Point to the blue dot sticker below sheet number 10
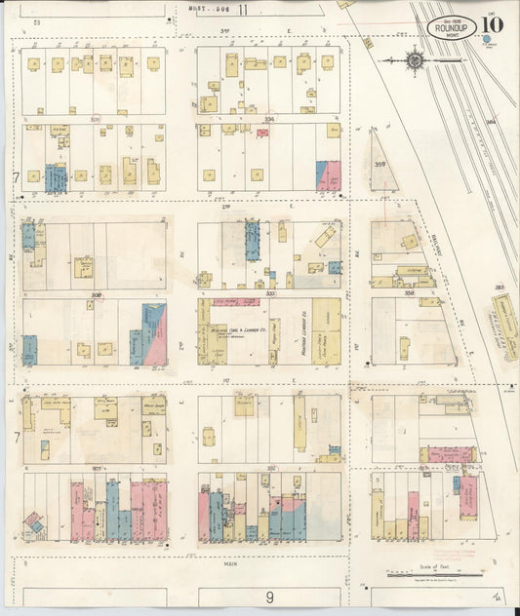pyautogui.click(x=486, y=40)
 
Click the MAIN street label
pyautogui.click(x=230, y=562)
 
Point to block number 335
pyautogui.click(x=268, y=292)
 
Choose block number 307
pyautogui.click(x=96, y=469)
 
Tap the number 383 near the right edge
pyautogui.click(x=500, y=289)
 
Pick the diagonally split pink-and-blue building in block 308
pyautogui.click(x=154, y=334)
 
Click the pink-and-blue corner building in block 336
pyautogui.click(x=328, y=174)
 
